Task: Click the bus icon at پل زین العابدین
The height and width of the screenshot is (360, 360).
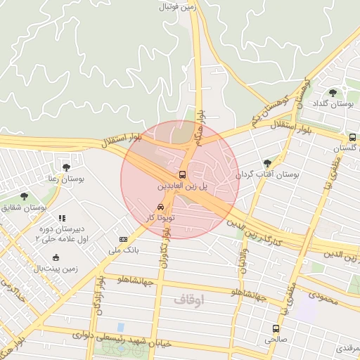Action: click(x=183, y=174)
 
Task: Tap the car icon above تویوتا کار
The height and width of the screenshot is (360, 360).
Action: click(x=161, y=207)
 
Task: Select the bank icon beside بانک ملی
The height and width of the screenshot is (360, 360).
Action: click(x=124, y=240)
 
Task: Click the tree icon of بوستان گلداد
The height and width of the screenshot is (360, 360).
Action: click(x=333, y=92)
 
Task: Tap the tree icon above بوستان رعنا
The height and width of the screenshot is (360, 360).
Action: click(x=66, y=167)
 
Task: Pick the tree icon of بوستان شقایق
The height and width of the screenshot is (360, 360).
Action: click(x=25, y=196)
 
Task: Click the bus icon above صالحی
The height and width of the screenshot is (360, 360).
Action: click(x=275, y=328)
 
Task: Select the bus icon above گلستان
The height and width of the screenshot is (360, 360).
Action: click(x=352, y=137)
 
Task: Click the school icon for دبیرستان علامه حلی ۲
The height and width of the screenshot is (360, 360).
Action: click(x=62, y=219)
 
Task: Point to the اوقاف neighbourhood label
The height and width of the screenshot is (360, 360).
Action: click(x=188, y=300)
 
